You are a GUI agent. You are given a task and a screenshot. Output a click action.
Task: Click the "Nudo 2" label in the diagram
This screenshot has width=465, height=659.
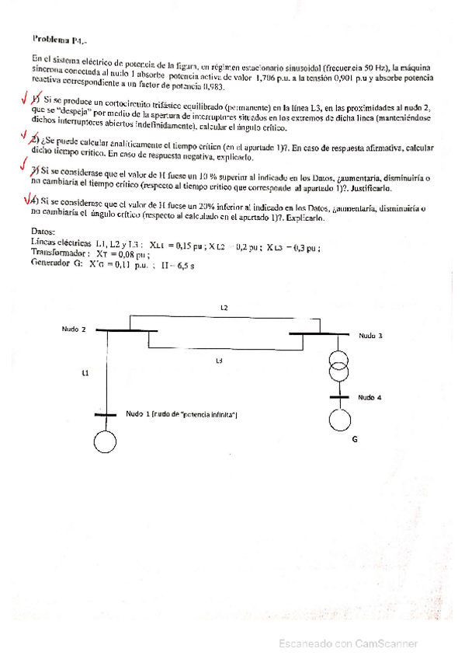click(75, 329)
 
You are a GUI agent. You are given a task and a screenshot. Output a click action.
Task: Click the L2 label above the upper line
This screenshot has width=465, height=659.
click(224, 309)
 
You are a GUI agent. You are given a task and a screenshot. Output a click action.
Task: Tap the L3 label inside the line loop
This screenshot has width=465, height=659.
click(220, 361)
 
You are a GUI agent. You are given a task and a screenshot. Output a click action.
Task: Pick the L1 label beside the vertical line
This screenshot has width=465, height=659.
click(85, 372)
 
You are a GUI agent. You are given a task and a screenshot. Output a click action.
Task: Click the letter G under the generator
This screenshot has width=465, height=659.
click(355, 440)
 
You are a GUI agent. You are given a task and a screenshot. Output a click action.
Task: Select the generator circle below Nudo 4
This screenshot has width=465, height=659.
click(338, 420)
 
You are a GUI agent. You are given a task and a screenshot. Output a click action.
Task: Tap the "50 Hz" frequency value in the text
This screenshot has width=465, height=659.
click(383, 68)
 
